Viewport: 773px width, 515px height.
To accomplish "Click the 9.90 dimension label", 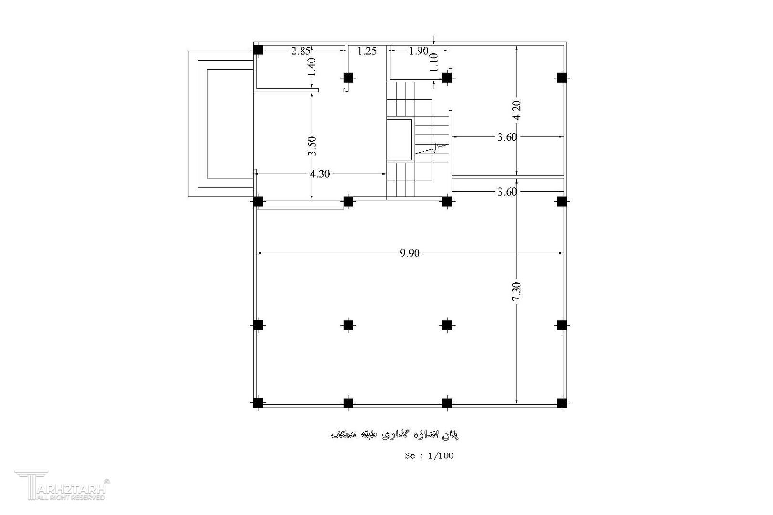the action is (x=409, y=253).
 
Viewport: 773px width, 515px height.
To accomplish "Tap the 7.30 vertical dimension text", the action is (x=516, y=291).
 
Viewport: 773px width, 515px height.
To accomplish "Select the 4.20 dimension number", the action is (x=516, y=110).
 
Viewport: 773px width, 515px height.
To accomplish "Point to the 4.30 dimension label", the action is (x=320, y=174).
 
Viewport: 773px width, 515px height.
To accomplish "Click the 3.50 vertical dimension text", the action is (x=312, y=146).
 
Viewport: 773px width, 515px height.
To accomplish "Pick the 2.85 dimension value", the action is (x=301, y=51).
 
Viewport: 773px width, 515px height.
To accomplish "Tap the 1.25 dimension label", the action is (x=367, y=51).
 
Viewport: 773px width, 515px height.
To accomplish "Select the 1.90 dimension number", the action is (x=418, y=51).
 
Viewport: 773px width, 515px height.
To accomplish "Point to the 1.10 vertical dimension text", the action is (x=434, y=62).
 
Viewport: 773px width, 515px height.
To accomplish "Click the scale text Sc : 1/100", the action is (x=429, y=456).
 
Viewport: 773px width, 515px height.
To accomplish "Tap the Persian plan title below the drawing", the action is (x=395, y=434).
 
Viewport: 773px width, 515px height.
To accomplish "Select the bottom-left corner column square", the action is (x=258, y=403).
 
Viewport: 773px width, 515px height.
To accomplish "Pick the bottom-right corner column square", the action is (x=562, y=403).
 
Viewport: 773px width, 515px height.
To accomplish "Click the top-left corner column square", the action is (x=258, y=50).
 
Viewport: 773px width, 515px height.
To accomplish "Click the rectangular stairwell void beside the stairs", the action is (x=399, y=140).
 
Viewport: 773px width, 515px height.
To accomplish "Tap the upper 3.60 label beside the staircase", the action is (x=507, y=137).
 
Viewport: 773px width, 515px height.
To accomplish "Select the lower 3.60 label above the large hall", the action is (x=507, y=191).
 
